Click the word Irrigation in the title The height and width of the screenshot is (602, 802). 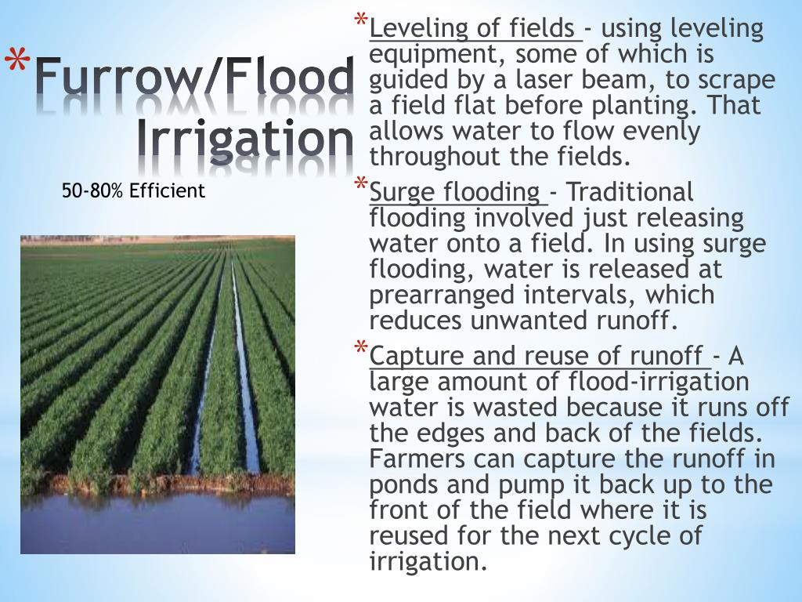245,139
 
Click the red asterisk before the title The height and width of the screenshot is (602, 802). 18,63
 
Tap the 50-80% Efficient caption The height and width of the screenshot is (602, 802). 133,190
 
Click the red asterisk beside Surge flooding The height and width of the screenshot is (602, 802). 361,183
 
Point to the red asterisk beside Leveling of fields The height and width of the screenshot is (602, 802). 361,20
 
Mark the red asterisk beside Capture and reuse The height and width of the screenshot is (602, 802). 361,348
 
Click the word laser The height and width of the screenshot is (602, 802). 545,80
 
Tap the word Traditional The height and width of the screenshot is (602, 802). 630,192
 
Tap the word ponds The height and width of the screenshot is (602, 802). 403,484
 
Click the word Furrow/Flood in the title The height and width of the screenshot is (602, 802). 195,76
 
